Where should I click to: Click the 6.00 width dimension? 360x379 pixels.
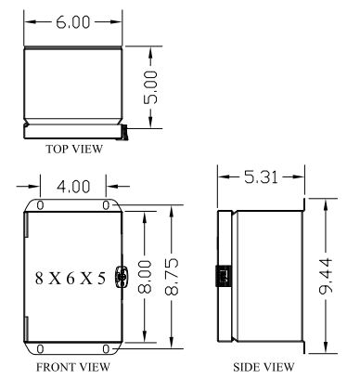pyautogui.click(x=73, y=22)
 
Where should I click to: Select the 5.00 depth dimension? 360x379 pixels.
pyautogui.click(x=151, y=87)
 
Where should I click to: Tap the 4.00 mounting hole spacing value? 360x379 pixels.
pyautogui.click(x=73, y=187)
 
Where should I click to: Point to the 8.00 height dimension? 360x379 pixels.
pyautogui.click(x=145, y=277)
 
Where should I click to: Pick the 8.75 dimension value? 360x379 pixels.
pyautogui.click(x=172, y=276)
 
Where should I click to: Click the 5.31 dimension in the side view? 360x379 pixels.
pyautogui.click(x=261, y=177)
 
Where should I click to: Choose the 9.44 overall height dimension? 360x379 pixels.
pyautogui.click(x=326, y=276)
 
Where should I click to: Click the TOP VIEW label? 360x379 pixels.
pyautogui.click(x=74, y=149)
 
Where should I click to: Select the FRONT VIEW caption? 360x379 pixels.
pyautogui.click(x=73, y=367)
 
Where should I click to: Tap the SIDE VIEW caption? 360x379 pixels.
pyautogui.click(x=264, y=367)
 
